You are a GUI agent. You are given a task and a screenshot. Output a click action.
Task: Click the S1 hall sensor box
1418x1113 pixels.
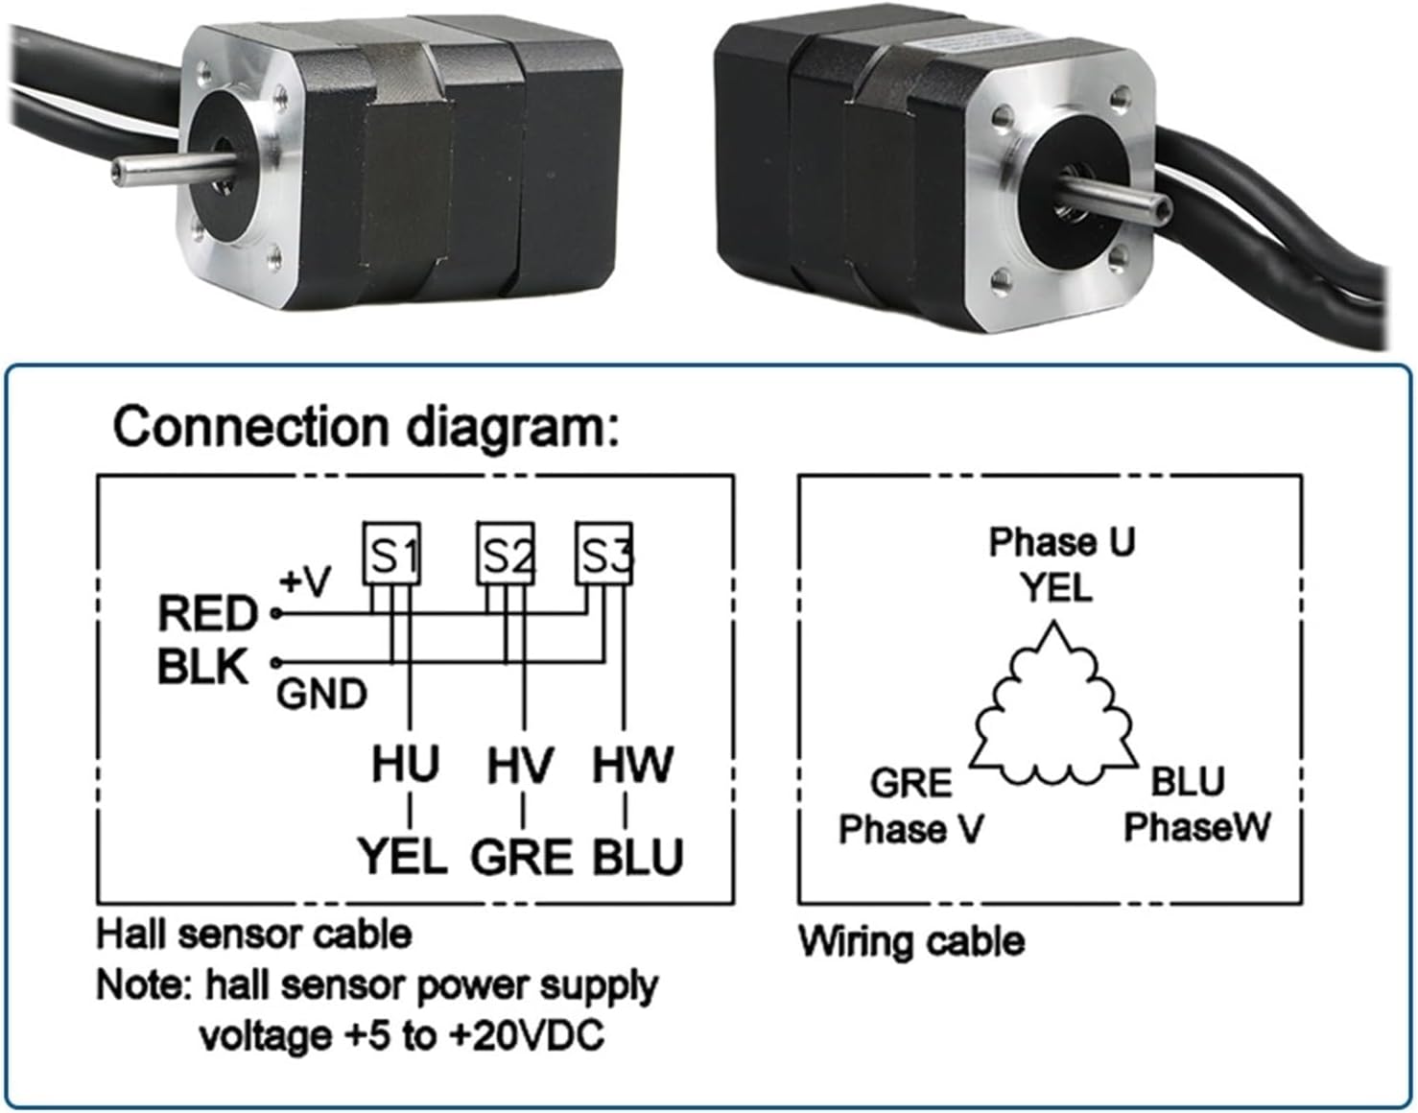pyautogui.click(x=391, y=553)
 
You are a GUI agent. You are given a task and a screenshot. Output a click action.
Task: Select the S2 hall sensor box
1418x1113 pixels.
pyautogui.click(x=506, y=554)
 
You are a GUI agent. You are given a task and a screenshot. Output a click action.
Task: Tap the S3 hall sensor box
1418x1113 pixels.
pyautogui.click(x=604, y=553)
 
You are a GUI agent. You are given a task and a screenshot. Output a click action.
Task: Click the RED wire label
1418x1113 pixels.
pyautogui.click(x=208, y=614)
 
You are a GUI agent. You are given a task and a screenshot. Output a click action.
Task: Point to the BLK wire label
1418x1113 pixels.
pyautogui.click(x=203, y=667)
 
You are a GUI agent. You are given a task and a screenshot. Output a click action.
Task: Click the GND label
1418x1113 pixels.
pyautogui.click(x=321, y=694)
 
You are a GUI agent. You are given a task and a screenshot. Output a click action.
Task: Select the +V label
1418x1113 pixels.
pyautogui.click(x=305, y=581)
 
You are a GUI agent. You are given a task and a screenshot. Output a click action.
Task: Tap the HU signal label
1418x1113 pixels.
pyautogui.click(x=406, y=765)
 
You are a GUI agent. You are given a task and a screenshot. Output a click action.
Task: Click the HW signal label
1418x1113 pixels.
pyautogui.click(x=632, y=765)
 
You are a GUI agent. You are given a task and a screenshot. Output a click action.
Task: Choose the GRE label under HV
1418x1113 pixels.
pyautogui.click(x=521, y=857)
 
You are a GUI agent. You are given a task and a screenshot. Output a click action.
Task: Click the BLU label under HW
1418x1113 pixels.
pyautogui.click(x=637, y=857)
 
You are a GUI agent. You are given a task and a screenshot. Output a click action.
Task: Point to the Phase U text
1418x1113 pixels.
pyautogui.click(x=1062, y=542)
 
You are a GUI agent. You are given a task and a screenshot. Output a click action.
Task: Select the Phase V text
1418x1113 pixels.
pyautogui.click(x=910, y=828)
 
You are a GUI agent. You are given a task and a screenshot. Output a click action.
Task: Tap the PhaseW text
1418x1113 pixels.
pyautogui.click(x=1196, y=826)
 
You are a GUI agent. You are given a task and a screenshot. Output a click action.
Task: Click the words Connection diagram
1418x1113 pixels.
pyautogui.click(x=366, y=426)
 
